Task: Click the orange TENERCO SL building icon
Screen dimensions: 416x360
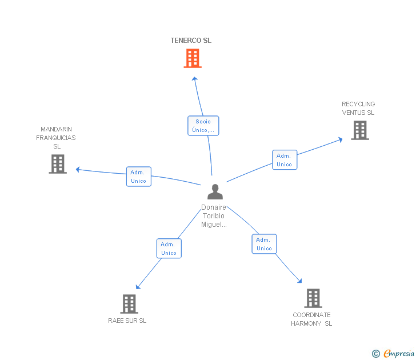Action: (x=193, y=58)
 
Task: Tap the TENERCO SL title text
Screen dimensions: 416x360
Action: (x=191, y=41)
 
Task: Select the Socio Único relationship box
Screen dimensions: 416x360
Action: (x=203, y=126)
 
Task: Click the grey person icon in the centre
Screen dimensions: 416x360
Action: (x=215, y=191)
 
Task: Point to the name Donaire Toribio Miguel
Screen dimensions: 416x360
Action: (x=214, y=215)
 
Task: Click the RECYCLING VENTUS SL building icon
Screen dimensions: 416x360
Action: (x=360, y=130)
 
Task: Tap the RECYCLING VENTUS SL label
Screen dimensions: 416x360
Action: (x=358, y=108)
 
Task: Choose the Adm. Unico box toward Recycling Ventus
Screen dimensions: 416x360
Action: (x=285, y=159)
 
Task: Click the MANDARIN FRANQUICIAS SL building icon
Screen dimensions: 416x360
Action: (x=58, y=164)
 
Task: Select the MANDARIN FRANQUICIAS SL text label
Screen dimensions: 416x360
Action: (x=56, y=138)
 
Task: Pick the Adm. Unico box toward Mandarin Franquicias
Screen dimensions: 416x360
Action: (x=139, y=177)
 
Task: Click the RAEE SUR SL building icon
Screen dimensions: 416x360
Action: (x=129, y=304)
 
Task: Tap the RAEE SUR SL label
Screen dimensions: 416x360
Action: (x=127, y=321)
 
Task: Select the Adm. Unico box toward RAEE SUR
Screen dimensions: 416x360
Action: (x=169, y=249)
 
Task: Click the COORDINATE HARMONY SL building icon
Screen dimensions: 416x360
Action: (x=313, y=298)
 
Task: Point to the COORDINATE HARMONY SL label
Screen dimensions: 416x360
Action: (x=311, y=319)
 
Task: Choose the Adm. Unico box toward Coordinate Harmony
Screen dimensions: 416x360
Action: (x=264, y=244)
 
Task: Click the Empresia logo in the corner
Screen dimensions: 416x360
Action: (x=399, y=353)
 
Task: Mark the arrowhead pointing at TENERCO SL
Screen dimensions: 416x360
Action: (x=195, y=78)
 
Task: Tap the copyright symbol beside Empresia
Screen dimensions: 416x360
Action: (x=376, y=354)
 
